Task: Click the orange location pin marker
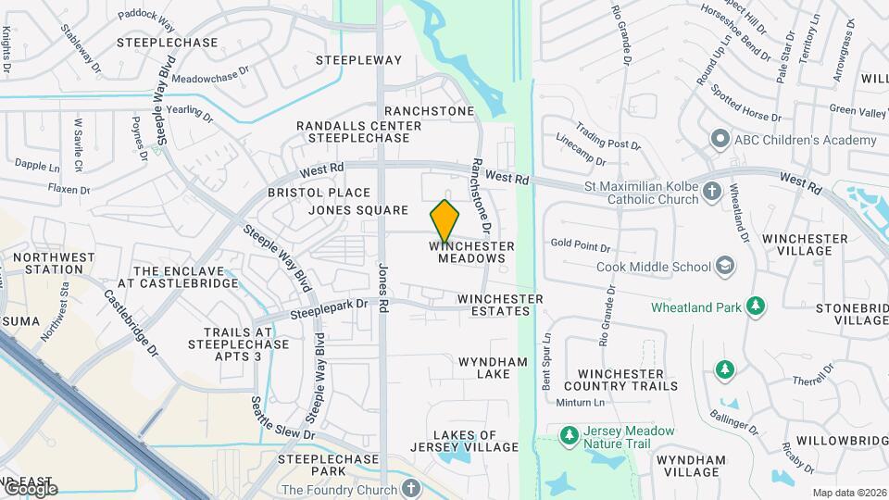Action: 445,221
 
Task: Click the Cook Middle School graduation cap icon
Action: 725,267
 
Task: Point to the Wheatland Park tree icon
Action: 757,306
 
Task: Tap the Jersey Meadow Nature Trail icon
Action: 569,431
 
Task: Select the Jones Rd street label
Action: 382,290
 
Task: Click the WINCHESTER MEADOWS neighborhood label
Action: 471,252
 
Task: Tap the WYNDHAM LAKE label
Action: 494,368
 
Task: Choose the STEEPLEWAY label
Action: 358,60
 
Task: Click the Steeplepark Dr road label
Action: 329,308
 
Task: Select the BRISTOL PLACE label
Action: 319,193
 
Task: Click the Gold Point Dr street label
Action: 581,247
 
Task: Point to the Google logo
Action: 30,488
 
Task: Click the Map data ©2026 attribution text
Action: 847,493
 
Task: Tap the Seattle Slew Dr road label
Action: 282,419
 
